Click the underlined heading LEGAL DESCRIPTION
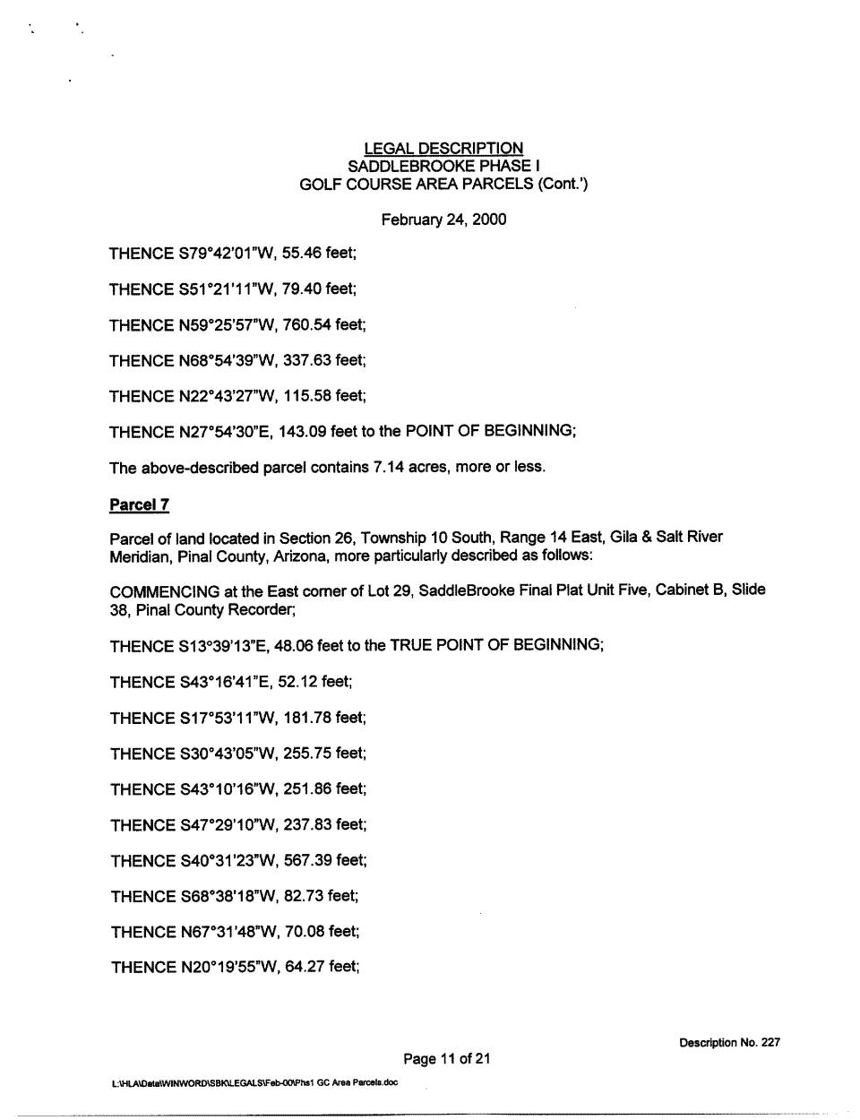tap(443, 149)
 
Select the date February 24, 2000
tap(443, 220)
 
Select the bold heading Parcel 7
tap(139, 505)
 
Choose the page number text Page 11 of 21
tap(447, 1060)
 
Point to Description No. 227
tap(729, 1043)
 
